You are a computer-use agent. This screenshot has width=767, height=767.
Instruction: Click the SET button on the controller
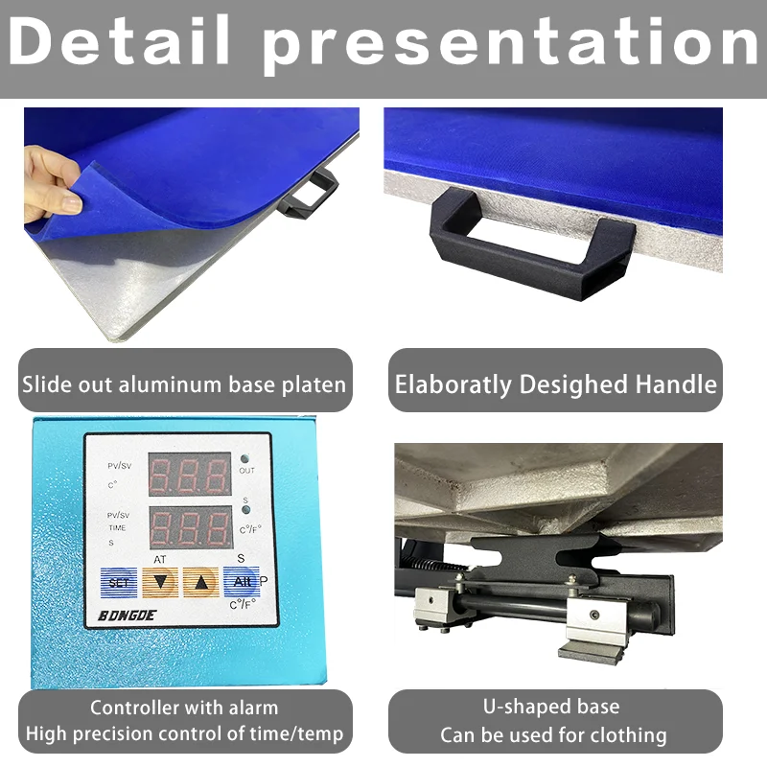(x=119, y=582)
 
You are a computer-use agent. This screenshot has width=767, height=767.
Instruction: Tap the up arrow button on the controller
(x=201, y=581)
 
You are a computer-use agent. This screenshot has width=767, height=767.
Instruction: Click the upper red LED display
(x=189, y=474)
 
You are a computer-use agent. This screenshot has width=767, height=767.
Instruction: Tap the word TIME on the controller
(x=117, y=528)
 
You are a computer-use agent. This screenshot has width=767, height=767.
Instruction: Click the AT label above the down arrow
(x=159, y=559)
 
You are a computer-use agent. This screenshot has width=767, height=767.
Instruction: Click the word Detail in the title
(x=122, y=40)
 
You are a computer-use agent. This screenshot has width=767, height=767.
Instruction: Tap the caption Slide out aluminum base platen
(x=184, y=385)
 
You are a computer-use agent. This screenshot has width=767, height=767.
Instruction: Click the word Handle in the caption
(x=676, y=384)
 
